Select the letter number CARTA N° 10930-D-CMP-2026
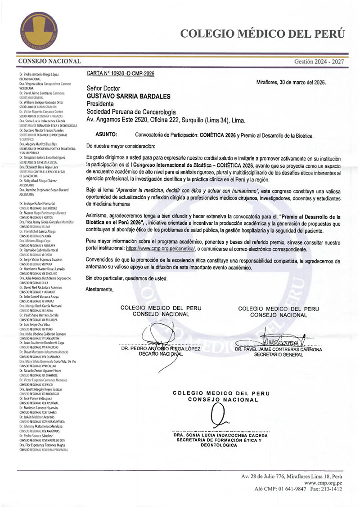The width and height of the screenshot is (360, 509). (x=120, y=73)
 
